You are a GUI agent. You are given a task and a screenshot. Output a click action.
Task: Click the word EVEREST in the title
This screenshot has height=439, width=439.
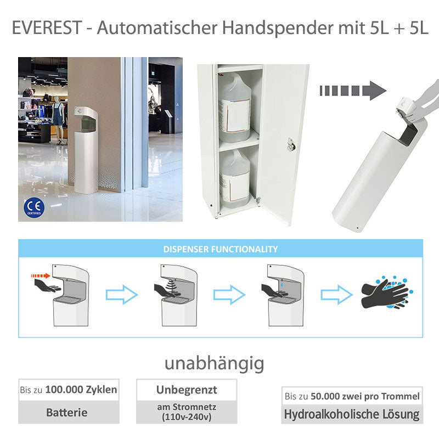tap(47, 28)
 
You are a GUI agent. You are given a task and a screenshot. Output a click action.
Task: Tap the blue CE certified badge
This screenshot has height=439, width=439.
tap(34, 208)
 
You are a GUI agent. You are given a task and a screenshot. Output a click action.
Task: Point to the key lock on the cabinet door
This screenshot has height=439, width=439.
tap(291, 144)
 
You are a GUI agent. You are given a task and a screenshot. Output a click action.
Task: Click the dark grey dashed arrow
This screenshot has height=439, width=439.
tap(353, 91)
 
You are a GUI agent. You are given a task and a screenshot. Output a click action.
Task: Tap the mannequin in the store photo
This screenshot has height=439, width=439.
tap(59, 120)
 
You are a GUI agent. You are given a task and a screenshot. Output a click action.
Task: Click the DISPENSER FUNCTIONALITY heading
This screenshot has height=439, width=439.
tap(221, 249)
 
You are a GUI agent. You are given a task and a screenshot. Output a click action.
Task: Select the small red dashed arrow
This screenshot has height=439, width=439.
tap(40, 276)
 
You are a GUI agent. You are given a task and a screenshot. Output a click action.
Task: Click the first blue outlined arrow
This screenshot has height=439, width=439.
tap(122, 295)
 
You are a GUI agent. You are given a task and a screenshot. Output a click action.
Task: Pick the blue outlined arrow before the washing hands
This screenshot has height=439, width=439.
tap(336, 295)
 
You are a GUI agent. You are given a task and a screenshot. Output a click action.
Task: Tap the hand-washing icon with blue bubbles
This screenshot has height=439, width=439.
tap(387, 292)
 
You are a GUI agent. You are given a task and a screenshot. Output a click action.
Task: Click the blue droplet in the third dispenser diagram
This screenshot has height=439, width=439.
tap(282, 284)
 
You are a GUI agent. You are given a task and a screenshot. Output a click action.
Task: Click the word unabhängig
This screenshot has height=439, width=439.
tap(214, 363)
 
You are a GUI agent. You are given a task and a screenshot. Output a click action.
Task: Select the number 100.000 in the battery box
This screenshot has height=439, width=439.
tap(64, 390)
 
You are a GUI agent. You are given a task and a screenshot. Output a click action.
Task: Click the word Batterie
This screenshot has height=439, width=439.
tap(66, 413)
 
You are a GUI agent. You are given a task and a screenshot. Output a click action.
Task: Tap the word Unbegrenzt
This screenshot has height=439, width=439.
tap(187, 390)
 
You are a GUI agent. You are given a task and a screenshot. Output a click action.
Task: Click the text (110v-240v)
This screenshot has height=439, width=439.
tap(187, 417)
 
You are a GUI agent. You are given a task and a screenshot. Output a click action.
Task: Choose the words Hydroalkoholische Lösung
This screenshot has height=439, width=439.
tap(352, 414)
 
